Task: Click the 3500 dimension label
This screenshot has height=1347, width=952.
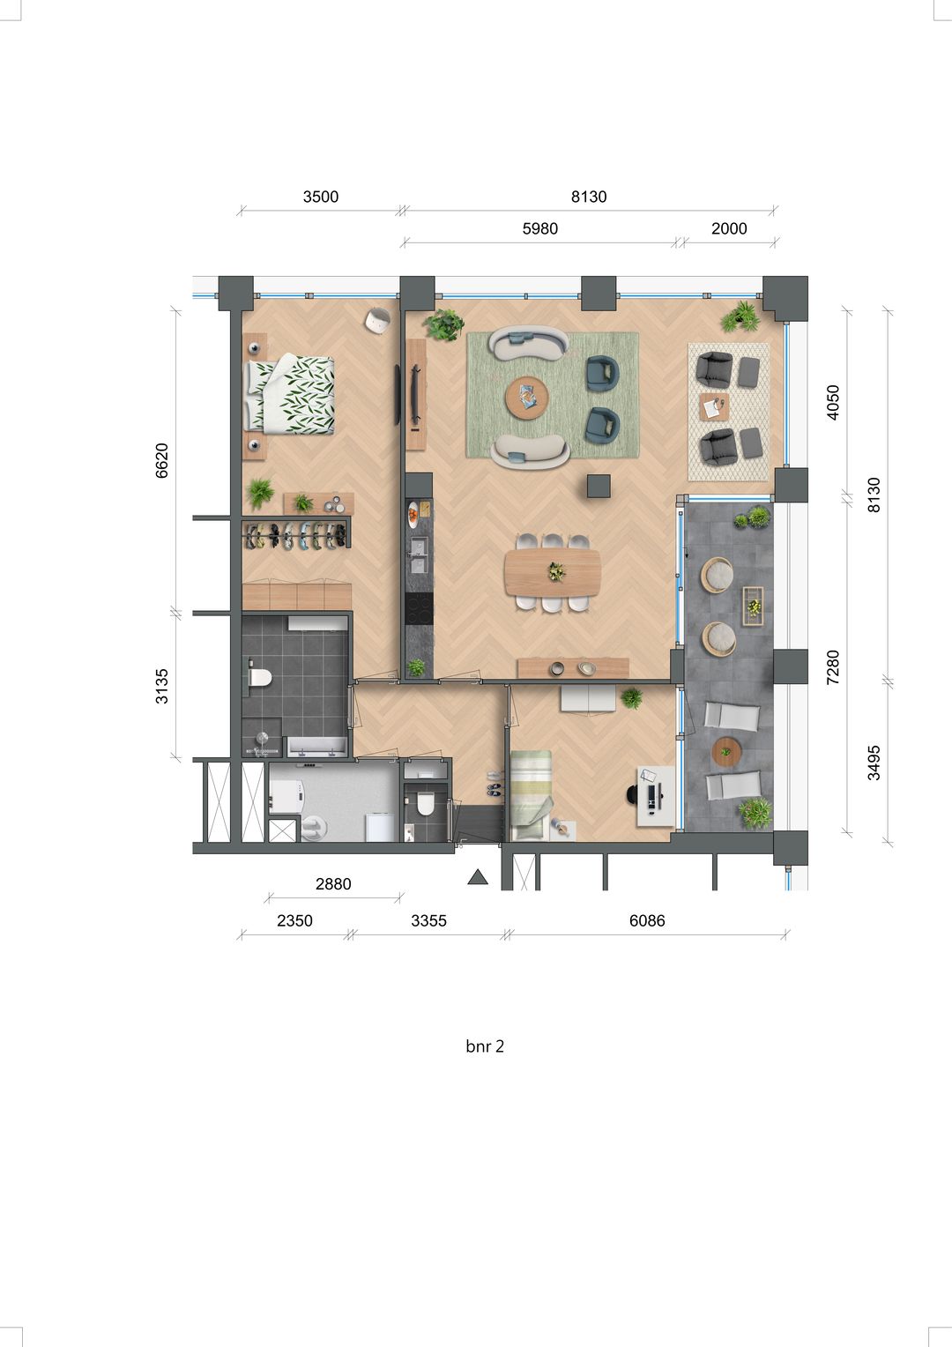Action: [x=321, y=197]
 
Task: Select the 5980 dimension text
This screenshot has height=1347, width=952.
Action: [x=540, y=228]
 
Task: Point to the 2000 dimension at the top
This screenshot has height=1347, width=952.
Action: [x=729, y=228]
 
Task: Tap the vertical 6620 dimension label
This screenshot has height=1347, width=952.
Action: [x=162, y=460]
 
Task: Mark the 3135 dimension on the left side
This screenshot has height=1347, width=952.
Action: [x=162, y=686]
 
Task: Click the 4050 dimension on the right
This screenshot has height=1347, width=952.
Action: [x=833, y=402]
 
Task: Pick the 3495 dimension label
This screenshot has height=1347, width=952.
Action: [x=874, y=763]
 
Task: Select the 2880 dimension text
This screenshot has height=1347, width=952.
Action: [x=333, y=883]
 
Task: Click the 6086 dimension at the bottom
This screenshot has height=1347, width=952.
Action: [x=647, y=920]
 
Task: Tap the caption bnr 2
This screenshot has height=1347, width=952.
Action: [x=485, y=1046]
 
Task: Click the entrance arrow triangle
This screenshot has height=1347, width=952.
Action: [x=478, y=877]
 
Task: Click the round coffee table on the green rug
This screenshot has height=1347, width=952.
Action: [x=527, y=398]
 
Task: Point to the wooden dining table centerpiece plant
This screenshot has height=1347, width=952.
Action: [x=556, y=572]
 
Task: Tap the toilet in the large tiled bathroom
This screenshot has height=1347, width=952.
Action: [x=259, y=677]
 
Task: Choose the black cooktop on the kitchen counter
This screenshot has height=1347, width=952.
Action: [x=418, y=607]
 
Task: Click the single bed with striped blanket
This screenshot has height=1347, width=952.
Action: [x=532, y=793]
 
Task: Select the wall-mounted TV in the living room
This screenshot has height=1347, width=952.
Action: [x=398, y=395]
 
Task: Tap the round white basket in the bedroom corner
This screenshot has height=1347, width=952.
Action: [x=377, y=320]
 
